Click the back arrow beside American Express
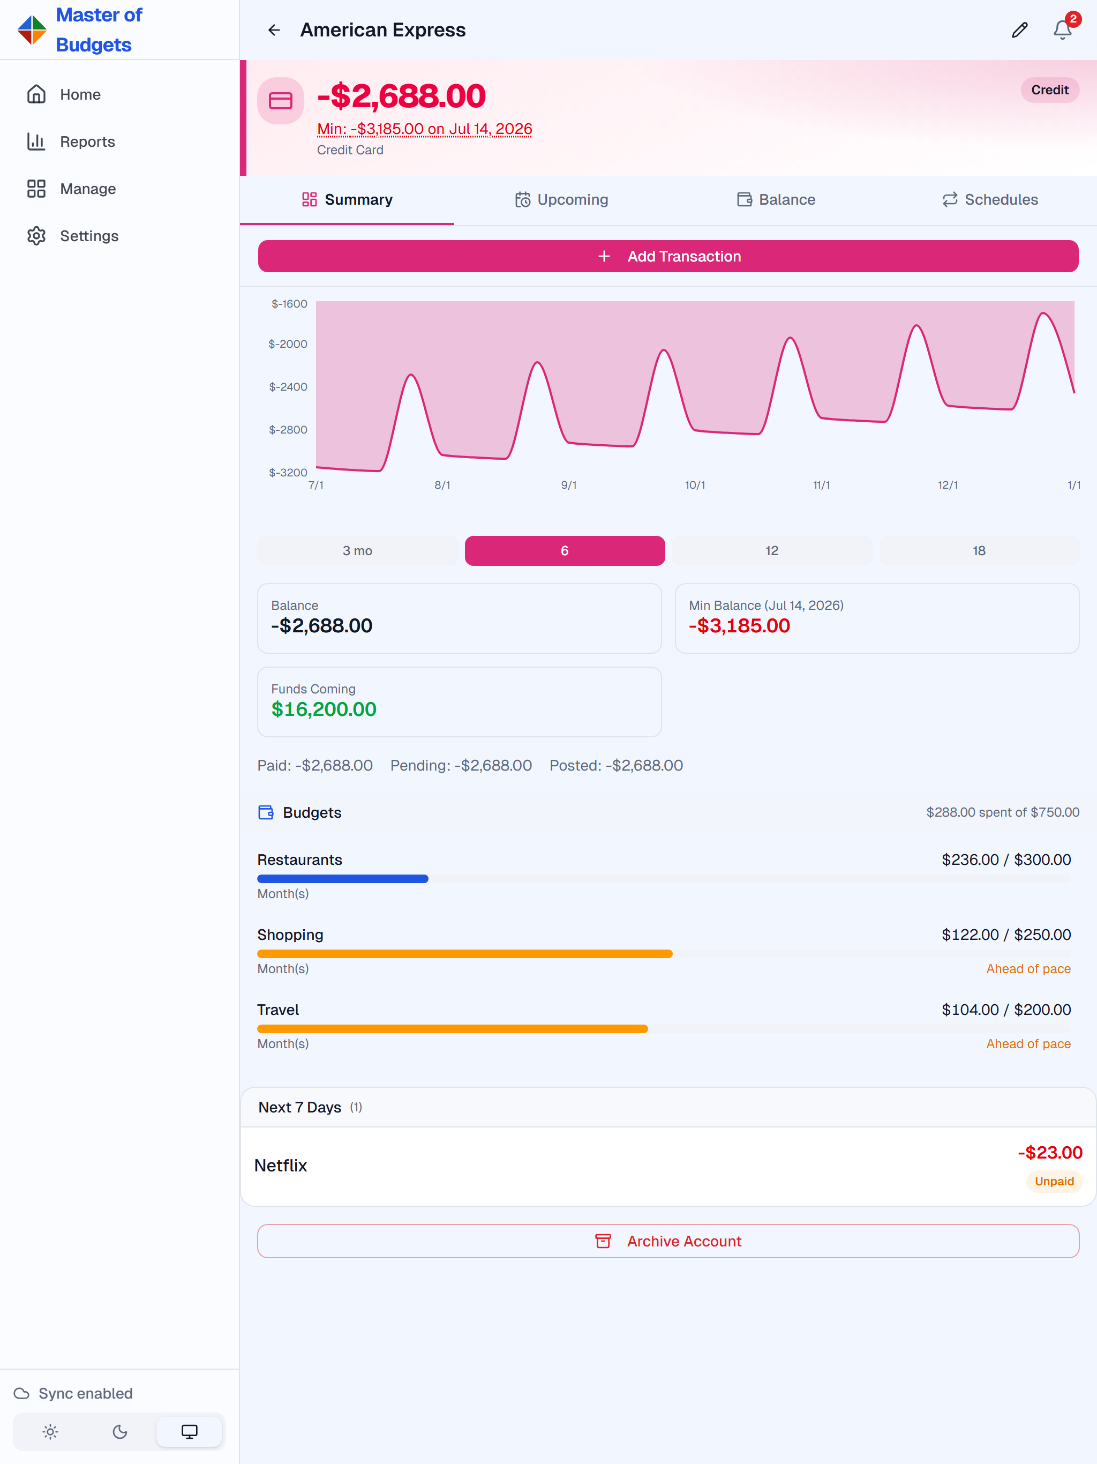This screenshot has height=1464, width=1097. (x=274, y=30)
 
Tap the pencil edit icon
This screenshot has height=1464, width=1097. (x=1019, y=30)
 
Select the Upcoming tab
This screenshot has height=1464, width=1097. (x=562, y=199)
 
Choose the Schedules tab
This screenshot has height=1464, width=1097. (x=990, y=199)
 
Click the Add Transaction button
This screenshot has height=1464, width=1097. (x=668, y=256)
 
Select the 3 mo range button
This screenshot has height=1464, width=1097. (x=357, y=551)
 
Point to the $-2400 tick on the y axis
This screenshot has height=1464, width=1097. (x=288, y=386)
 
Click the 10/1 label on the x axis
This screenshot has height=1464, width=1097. (x=695, y=485)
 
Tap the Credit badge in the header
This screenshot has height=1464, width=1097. (x=1049, y=90)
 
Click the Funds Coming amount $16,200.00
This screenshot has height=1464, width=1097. (x=324, y=709)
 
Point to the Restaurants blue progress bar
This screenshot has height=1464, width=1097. (x=343, y=879)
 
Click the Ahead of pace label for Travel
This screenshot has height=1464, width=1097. (x=1028, y=1044)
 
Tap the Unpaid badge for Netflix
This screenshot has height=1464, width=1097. (x=1054, y=1182)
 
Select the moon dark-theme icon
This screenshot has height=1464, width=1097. (x=120, y=1431)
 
